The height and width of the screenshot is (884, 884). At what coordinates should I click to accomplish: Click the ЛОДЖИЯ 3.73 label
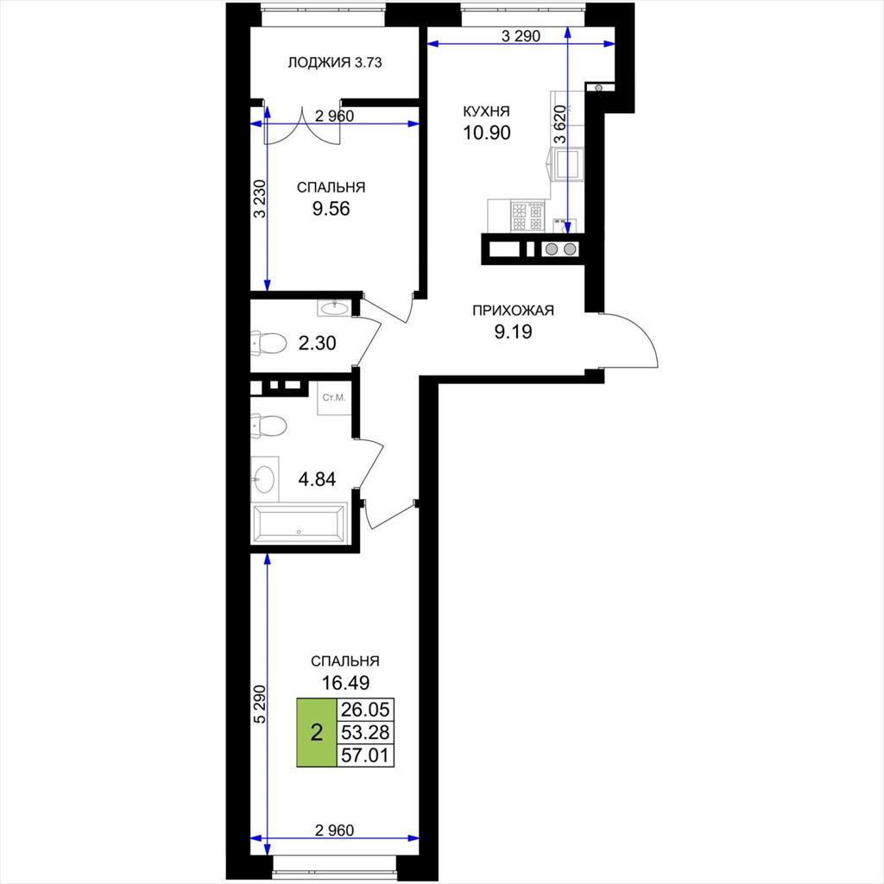(334, 62)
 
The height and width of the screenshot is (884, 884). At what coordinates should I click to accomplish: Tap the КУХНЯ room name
(486, 111)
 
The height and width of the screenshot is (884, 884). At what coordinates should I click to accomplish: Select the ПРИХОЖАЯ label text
(513, 310)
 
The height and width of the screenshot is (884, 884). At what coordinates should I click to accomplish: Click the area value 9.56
(331, 209)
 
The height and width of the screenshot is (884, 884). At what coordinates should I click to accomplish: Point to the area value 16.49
(345, 683)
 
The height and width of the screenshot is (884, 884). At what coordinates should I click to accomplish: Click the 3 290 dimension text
(521, 36)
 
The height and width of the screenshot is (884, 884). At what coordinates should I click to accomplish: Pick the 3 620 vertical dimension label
(559, 125)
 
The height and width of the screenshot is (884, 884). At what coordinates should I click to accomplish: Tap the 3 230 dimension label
(260, 199)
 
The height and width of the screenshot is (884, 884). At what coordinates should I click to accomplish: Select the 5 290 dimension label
(260, 704)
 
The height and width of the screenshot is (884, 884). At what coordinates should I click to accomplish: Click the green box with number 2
(316, 732)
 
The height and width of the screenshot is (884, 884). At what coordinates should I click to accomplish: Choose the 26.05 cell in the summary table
(365, 710)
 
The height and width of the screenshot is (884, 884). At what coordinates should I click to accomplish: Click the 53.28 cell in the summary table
(365, 732)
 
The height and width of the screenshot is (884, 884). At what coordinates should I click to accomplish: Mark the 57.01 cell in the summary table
(365, 755)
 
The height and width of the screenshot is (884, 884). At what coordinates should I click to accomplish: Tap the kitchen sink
(568, 164)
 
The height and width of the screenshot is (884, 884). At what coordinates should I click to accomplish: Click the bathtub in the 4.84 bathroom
(299, 524)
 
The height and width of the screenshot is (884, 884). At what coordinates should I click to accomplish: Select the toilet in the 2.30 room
(269, 342)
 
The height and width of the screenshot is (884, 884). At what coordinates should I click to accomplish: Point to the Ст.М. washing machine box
(334, 398)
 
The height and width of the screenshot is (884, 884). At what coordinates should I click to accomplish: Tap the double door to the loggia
(303, 128)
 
